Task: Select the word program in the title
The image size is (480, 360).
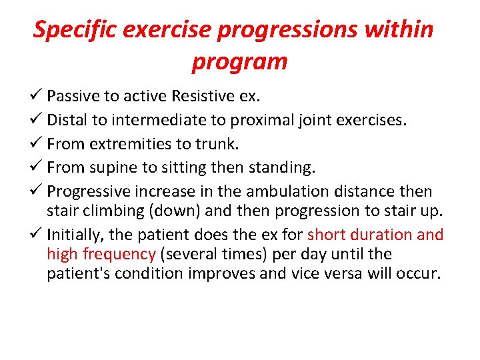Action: point(239,61)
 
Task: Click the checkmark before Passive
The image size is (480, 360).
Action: point(38,97)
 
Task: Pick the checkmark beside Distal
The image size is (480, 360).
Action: point(38,120)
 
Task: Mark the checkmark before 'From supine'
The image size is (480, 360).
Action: point(38,167)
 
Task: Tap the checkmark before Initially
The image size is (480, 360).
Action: point(38,235)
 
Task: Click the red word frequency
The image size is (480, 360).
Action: point(119,254)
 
